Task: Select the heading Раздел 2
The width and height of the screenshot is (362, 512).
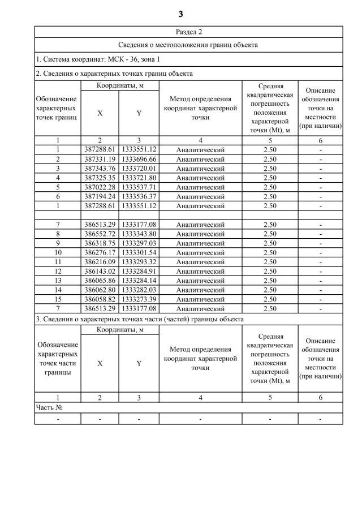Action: [x=189, y=32]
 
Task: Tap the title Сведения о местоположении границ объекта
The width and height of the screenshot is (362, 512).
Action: [x=189, y=45]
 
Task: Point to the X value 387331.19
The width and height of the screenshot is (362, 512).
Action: [x=100, y=159]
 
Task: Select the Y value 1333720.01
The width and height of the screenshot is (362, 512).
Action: [x=139, y=169]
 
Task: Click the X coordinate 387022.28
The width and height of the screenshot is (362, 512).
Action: [x=100, y=187]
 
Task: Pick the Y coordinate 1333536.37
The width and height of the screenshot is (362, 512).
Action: [x=139, y=196]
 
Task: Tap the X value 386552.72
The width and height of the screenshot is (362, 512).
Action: [x=100, y=234]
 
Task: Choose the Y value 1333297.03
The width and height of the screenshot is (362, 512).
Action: [x=139, y=243]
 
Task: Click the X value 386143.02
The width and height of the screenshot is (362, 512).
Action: [x=100, y=271]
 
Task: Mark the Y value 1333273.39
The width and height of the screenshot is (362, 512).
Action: [x=139, y=299]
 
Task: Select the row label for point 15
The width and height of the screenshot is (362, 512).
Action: [x=58, y=299]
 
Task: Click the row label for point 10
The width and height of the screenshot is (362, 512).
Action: [x=58, y=252]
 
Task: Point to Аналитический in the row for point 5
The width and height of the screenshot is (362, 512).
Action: [x=200, y=187]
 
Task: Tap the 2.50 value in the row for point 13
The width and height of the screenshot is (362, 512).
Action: [x=270, y=281]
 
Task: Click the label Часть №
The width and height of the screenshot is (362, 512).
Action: [x=49, y=407]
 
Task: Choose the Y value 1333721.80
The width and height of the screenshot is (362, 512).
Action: [x=139, y=178]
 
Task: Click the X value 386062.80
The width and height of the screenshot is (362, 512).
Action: [x=100, y=290]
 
